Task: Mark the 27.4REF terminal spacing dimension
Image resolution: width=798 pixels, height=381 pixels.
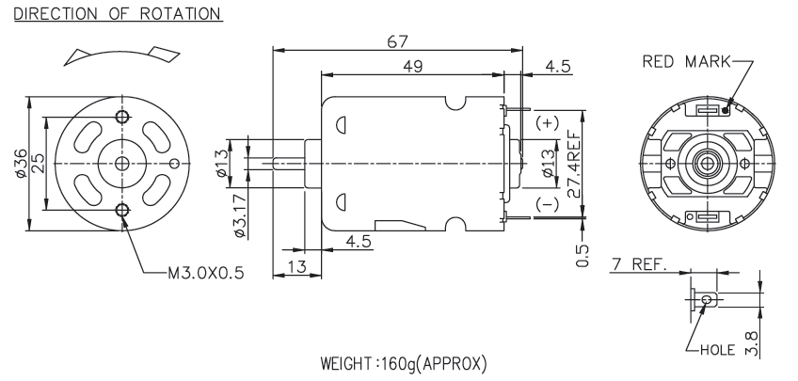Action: pos(574,162)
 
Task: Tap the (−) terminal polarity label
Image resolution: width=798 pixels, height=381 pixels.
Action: pos(545,201)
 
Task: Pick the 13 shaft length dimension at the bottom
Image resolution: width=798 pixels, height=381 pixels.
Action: pos(296,267)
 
